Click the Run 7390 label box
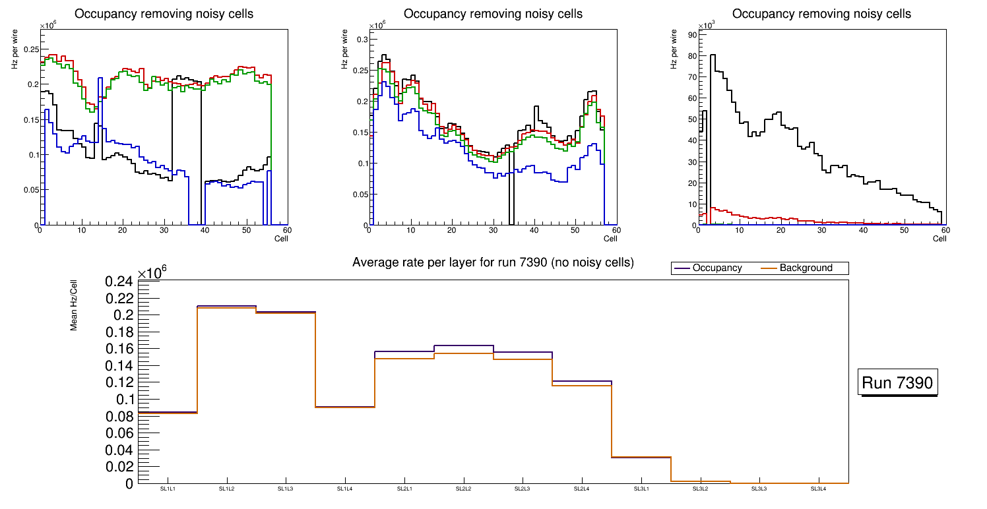coord(897,382)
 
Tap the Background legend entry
coord(806,268)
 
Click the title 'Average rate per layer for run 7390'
coord(493,262)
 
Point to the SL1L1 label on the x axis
coord(168,489)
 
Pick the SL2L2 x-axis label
coord(464,489)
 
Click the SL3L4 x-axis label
coord(818,489)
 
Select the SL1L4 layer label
coord(345,489)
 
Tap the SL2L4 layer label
coord(582,489)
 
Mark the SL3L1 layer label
coord(641,489)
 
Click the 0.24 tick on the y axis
coord(119,282)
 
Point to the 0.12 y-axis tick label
coord(119,382)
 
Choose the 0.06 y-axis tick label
coord(119,433)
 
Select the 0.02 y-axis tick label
coord(119,467)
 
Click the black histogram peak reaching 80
coord(713,55)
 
